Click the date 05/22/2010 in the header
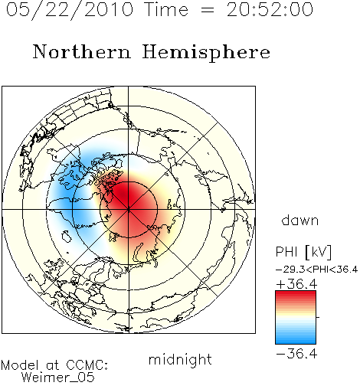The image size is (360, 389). [x=70, y=10]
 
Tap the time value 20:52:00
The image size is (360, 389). [x=270, y=10]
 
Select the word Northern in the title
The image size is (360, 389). [x=82, y=51]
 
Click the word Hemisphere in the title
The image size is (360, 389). [x=206, y=52]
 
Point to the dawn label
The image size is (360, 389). [x=299, y=220]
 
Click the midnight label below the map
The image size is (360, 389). [x=180, y=359]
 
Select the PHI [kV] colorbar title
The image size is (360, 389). [x=303, y=252]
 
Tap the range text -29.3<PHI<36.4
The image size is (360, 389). [x=316, y=270]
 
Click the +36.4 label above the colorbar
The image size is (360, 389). [x=296, y=284]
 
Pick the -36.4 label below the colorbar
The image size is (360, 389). [x=296, y=354]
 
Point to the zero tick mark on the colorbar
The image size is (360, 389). [x=318, y=317]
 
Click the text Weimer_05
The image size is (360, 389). [x=58, y=377]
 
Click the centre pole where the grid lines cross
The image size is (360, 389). [x=129, y=209]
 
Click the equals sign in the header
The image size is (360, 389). [x=208, y=11]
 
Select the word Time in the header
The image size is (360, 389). [x=166, y=10]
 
